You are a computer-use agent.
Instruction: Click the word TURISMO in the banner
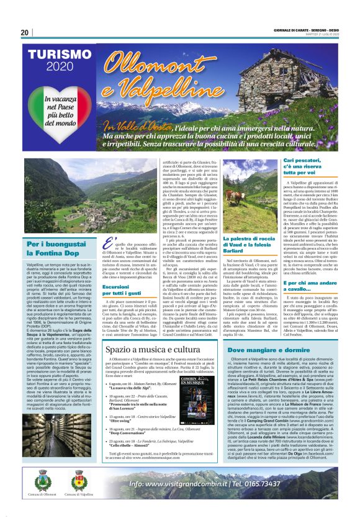coord(58,55)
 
